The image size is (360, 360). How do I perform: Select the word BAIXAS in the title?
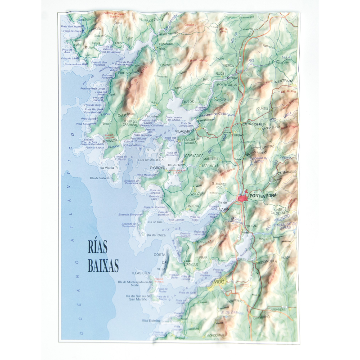(103, 265)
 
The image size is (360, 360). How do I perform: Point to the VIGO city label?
(220, 282)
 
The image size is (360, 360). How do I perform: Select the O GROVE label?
(157, 167)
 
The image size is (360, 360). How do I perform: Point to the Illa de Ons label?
(154, 222)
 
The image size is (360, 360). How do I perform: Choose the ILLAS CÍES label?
(141, 273)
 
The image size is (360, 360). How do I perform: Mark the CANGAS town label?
(191, 265)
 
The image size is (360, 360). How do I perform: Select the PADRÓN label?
(229, 65)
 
